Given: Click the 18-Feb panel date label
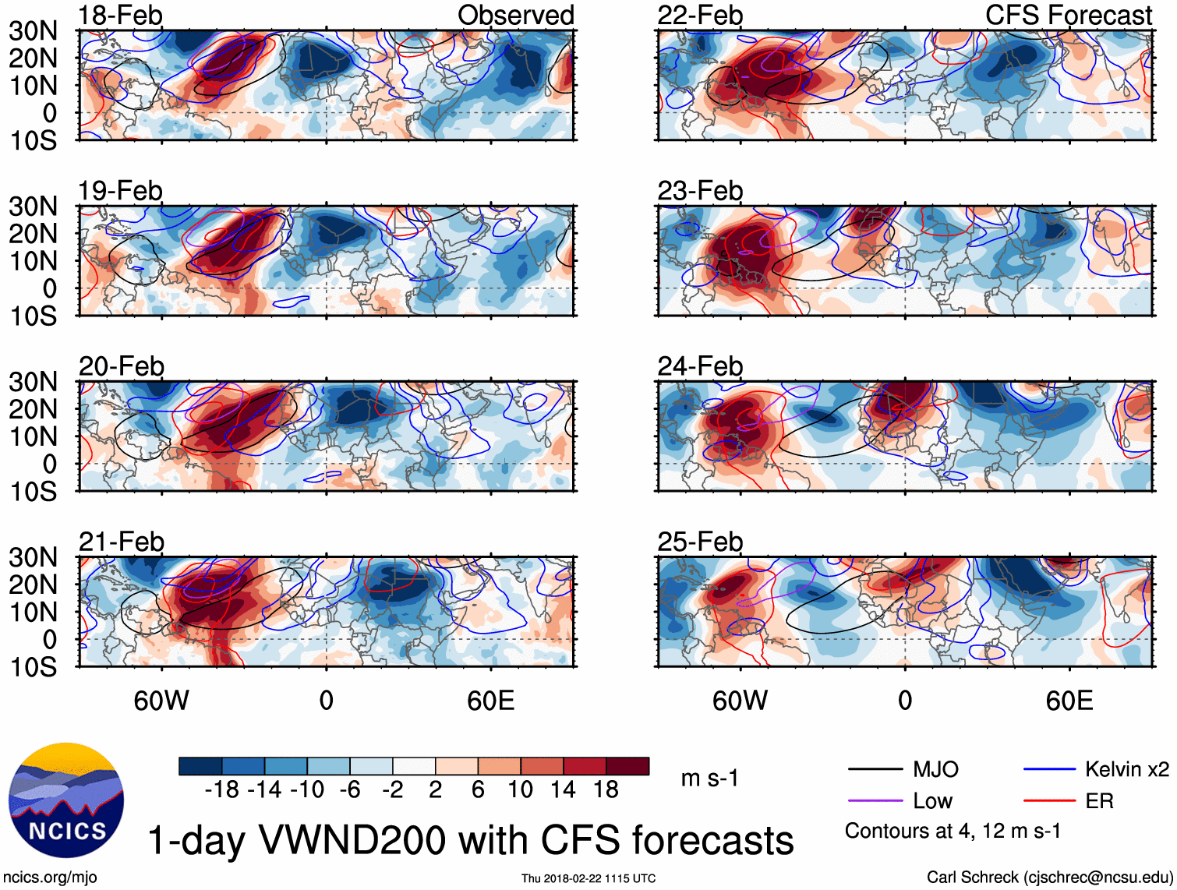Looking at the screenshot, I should pyautogui.click(x=120, y=15).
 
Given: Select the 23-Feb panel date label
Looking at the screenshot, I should pyautogui.click(x=700, y=190).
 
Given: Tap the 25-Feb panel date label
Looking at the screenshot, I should pyautogui.click(x=700, y=541).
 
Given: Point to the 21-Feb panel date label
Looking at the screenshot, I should pyautogui.click(x=122, y=541).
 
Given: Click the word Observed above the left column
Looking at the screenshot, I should pyautogui.click(x=515, y=15).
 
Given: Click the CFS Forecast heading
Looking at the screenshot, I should pyautogui.click(x=1068, y=15).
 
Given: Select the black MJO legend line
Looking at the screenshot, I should pyautogui.click(x=875, y=770).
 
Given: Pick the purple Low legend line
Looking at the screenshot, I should pyautogui.click(x=875, y=801).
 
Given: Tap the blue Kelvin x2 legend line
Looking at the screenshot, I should pyautogui.click(x=1049, y=770).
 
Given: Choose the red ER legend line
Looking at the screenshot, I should pyautogui.click(x=1049, y=801).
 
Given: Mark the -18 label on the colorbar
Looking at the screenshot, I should pyautogui.click(x=221, y=790).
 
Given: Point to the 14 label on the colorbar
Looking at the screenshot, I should pyautogui.click(x=563, y=790).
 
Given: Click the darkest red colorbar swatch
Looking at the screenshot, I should pyautogui.click(x=627, y=766).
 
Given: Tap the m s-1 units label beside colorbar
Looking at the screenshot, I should pyautogui.click(x=709, y=778).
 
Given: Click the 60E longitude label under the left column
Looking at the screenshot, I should pyautogui.click(x=490, y=701).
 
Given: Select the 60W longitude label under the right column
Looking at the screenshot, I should pyautogui.click(x=740, y=701).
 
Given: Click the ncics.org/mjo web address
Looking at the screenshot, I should pyautogui.click(x=50, y=878).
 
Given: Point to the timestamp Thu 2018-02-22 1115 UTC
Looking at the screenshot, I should pyautogui.click(x=588, y=878).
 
